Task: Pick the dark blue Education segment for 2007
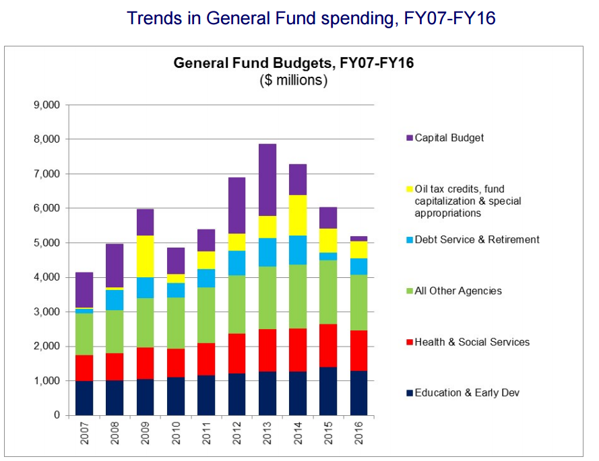click(x=84, y=398)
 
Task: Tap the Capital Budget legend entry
click(x=449, y=138)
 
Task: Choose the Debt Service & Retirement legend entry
click(x=477, y=240)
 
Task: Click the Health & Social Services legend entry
click(x=472, y=342)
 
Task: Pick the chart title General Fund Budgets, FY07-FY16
click(x=293, y=64)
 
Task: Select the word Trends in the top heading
click(x=156, y=18)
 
